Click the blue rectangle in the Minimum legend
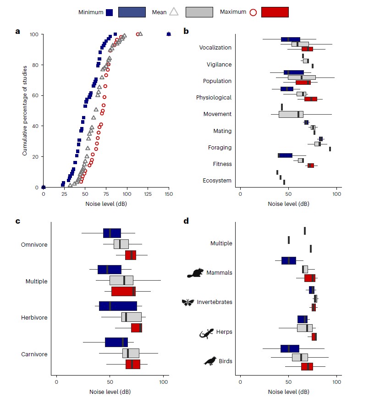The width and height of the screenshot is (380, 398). click(132, 12)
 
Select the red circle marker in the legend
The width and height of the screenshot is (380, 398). click(253, 12)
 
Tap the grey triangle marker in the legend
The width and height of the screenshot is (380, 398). click(174, 12)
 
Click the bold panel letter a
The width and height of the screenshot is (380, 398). click(17, 31)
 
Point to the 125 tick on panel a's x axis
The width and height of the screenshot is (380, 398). click(148, 194)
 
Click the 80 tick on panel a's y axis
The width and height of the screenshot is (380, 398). click(34, 65)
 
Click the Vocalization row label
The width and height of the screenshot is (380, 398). click(215, 48)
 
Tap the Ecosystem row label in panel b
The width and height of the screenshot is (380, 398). click(217, 181)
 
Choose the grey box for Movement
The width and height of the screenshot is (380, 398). click(291, 114)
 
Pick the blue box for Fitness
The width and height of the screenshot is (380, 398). click(285, 155)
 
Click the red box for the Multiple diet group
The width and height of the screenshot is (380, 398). click(123, 291)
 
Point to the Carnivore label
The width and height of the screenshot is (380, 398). click(34, 354)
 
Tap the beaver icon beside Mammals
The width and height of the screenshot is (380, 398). click(195, 273)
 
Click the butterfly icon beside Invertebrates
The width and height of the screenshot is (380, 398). click(188, 302)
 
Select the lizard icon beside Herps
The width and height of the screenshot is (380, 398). click(207, 332)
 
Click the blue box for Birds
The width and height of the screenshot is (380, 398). click(290, 349)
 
